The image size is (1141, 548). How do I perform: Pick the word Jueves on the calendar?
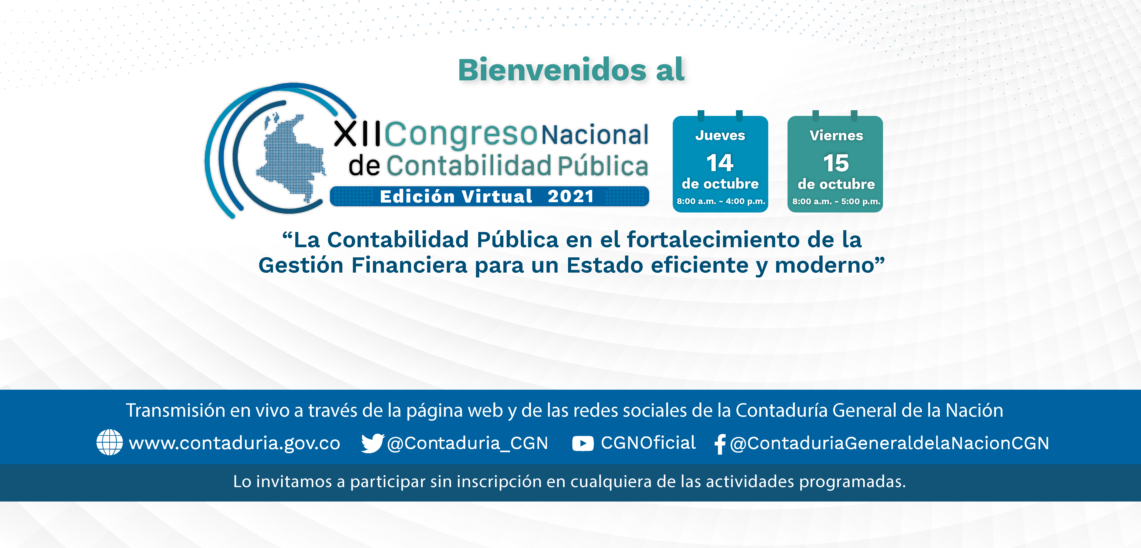(720, 135)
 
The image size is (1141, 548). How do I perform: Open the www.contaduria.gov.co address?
(234, 443)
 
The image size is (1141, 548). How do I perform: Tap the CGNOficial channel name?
(648, 442)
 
